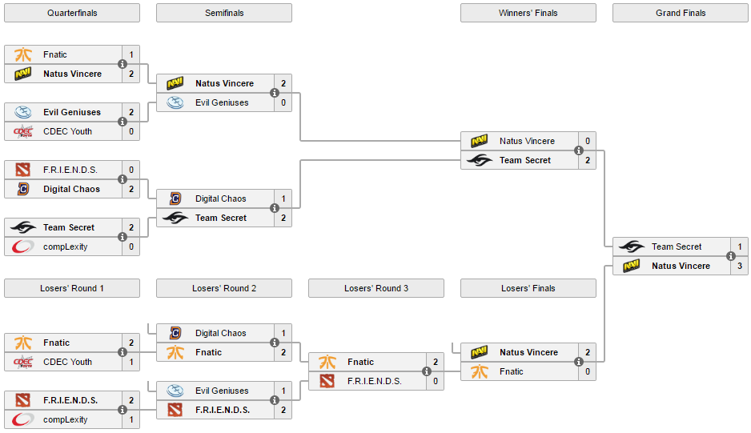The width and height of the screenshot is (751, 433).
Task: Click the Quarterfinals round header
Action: [71, 13]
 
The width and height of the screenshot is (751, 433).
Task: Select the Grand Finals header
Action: [680, 13]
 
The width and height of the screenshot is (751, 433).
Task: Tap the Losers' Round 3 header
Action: [375, 288]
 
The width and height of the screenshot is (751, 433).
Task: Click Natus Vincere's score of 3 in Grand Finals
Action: [739, 266]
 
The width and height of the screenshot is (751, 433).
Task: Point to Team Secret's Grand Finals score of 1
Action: [739, 247]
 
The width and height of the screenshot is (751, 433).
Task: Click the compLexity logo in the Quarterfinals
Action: [22, 247]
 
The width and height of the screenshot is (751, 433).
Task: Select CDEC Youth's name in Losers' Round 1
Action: [67, 362]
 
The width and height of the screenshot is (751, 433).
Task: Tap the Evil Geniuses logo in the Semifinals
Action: [175, 102]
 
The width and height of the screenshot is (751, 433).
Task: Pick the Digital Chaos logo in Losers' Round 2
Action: [175, 333]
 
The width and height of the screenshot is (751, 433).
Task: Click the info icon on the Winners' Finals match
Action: [579, 150]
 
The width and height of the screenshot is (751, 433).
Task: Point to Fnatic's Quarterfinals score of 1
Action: [131, 54]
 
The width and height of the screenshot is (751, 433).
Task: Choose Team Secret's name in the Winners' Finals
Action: [525, 160]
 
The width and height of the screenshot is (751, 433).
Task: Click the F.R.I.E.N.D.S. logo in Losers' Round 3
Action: [327, 381]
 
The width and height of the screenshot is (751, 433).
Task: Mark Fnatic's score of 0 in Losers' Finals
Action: [588, 371]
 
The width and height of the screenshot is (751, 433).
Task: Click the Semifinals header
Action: [224, 13]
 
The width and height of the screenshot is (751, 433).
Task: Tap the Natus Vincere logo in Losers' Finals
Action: [480, 352]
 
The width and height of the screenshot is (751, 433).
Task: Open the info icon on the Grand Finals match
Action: [731, 256]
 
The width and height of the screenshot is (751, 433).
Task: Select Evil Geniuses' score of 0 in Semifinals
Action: [283, 102]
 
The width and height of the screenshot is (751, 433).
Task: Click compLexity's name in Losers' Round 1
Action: [66, 419]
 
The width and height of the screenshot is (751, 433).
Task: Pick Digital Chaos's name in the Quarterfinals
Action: [71, 189]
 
